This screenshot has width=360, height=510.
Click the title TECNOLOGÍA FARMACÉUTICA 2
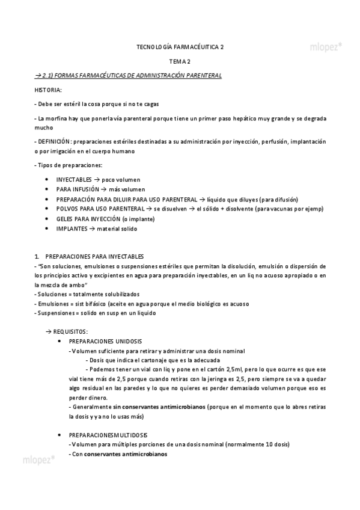tap(180, 46)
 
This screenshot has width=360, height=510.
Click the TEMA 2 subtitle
tap(180, 61)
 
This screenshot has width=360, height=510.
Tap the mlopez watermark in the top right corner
tap(326, 45)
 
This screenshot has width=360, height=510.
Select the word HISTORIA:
tap(48, 90)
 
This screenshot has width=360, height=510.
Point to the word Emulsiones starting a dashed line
tap(53, 304)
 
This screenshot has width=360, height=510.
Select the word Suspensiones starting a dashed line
tap(56, 313)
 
